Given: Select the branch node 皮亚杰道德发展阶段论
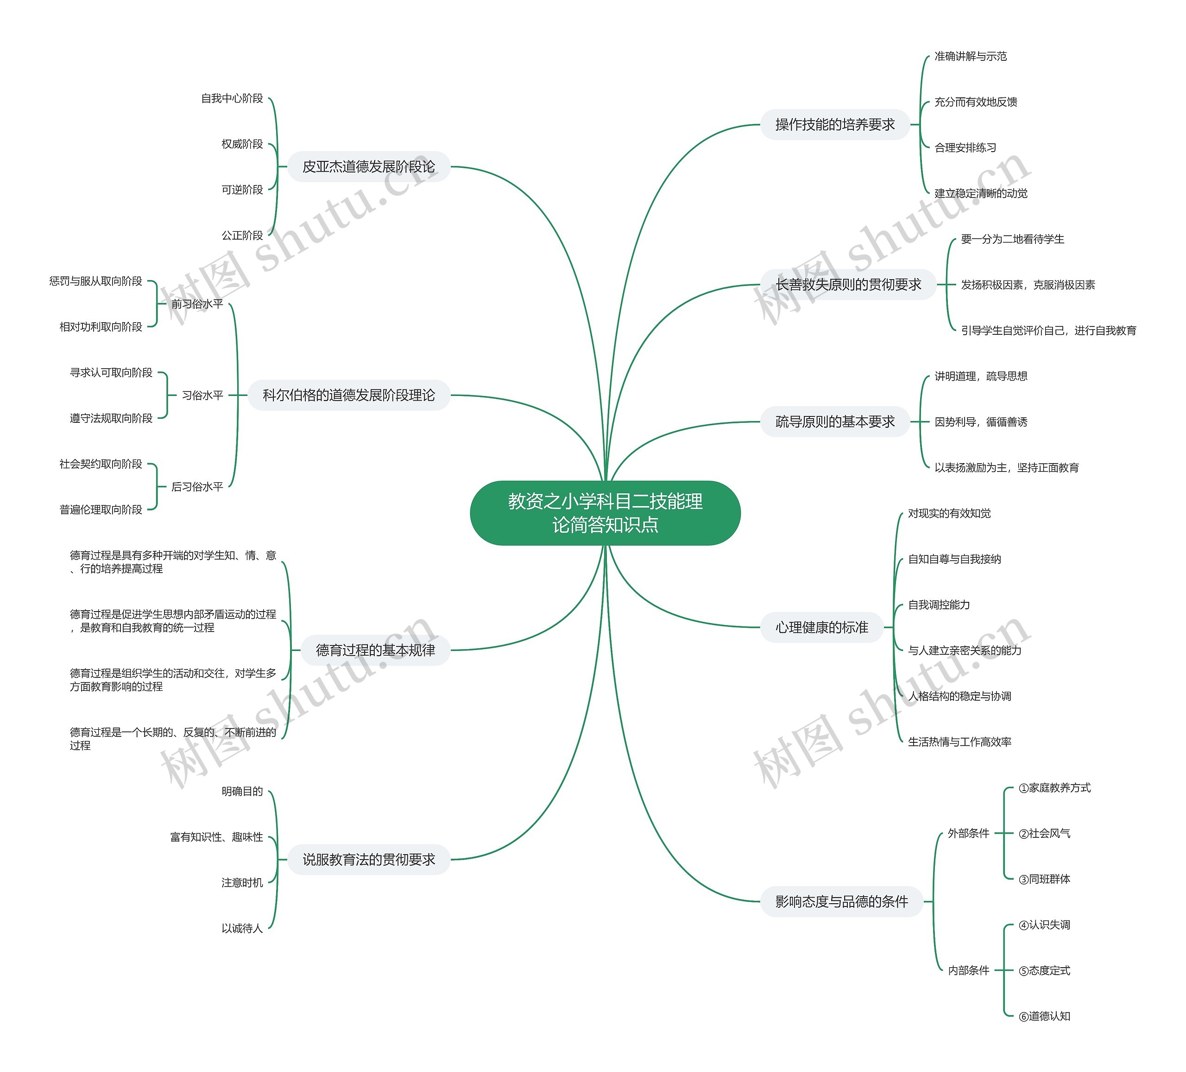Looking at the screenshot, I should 368,166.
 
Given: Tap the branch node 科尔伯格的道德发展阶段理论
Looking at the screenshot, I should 348,395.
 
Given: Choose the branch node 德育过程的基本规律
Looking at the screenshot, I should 375,650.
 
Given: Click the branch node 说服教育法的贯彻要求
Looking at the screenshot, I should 368,860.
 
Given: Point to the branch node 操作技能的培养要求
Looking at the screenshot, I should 835,124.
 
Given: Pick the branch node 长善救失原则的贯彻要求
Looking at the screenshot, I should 848,284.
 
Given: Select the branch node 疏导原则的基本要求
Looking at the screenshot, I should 835,421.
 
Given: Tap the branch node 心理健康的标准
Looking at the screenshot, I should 821,627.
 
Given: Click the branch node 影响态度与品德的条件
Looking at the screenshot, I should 841,901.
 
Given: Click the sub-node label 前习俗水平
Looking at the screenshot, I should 197,304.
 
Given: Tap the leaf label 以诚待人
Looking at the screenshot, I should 242,928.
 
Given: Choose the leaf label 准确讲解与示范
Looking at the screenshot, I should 971,56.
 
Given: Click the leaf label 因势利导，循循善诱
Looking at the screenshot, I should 981,421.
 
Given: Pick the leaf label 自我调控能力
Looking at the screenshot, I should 939,605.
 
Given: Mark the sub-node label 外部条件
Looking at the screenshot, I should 968,833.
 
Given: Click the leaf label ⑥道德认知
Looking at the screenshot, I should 1044,1016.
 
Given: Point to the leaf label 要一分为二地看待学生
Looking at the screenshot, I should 1012,239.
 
